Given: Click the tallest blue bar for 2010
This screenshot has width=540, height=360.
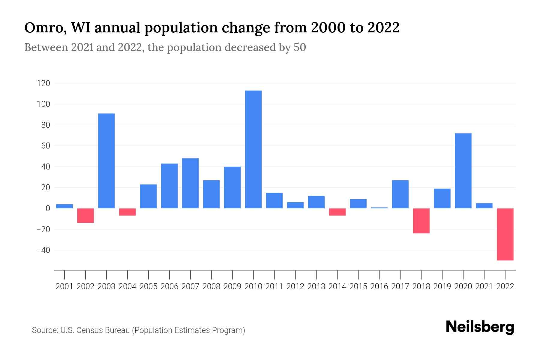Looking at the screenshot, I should point(253,149).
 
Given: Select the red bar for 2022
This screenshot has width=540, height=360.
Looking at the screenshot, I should point(505,234).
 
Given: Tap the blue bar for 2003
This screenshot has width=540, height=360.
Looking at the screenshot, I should point(106,161).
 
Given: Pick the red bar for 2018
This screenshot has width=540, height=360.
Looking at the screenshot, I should point(421,221).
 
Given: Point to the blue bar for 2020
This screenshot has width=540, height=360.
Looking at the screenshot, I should point(463,171).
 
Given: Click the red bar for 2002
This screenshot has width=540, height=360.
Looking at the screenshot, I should point(85,215).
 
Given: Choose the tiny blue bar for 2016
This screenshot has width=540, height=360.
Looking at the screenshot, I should point(379,208).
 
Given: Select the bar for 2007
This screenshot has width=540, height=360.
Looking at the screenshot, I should point(190,183).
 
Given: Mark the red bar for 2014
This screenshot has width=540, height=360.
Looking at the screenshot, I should point(337,212).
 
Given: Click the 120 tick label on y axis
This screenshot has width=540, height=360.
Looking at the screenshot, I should point(43,83).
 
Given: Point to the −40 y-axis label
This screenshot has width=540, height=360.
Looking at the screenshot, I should point(43,250).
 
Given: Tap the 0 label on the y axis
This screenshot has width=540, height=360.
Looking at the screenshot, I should point(47,208).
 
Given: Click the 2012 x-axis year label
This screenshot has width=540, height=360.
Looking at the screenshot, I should point(295,286).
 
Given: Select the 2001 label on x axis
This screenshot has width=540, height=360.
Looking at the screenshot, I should point(64,286).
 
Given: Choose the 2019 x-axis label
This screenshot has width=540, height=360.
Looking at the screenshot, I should point(442,286).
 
